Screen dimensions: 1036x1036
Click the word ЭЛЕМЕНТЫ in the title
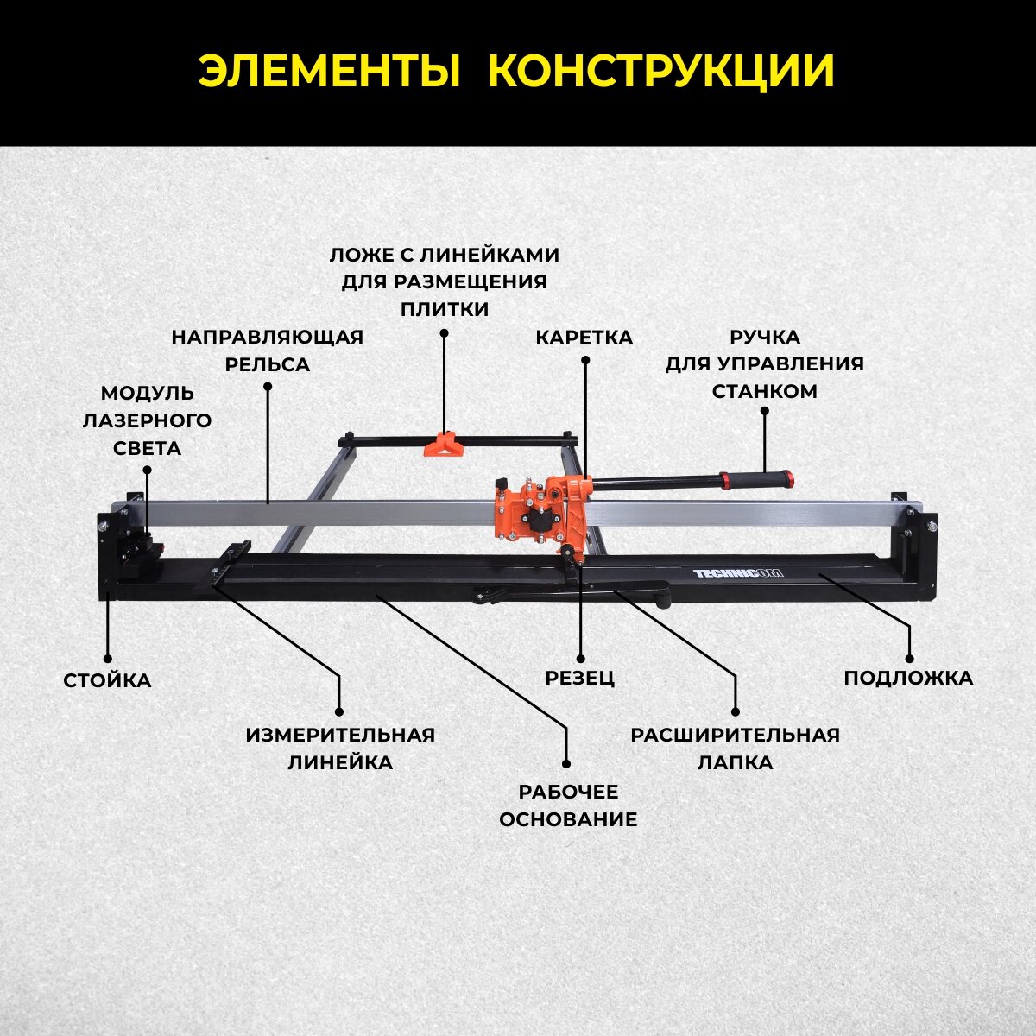pos(328,72)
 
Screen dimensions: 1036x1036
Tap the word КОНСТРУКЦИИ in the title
pos(661,72)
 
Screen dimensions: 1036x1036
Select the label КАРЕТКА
pos(584,338)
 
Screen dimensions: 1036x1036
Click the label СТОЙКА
pos(107,680)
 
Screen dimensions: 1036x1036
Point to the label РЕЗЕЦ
pos(580,678)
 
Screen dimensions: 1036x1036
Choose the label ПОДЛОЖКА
pos(908,678)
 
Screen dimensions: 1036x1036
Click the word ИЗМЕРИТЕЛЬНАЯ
pos(340,735)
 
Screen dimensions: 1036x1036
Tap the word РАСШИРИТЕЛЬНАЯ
pos(735,735)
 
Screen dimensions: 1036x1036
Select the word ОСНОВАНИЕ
pos(568,819)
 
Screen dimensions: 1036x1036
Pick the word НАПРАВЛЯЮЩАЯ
pos(267,337)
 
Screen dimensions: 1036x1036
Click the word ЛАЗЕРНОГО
pos(147,420)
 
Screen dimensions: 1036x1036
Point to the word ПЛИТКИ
pos(444,309)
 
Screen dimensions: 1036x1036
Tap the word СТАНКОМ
pos(764,391)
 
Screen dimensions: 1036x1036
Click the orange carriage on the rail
pos(540,513)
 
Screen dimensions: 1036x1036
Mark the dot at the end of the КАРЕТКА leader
pos(585,360)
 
